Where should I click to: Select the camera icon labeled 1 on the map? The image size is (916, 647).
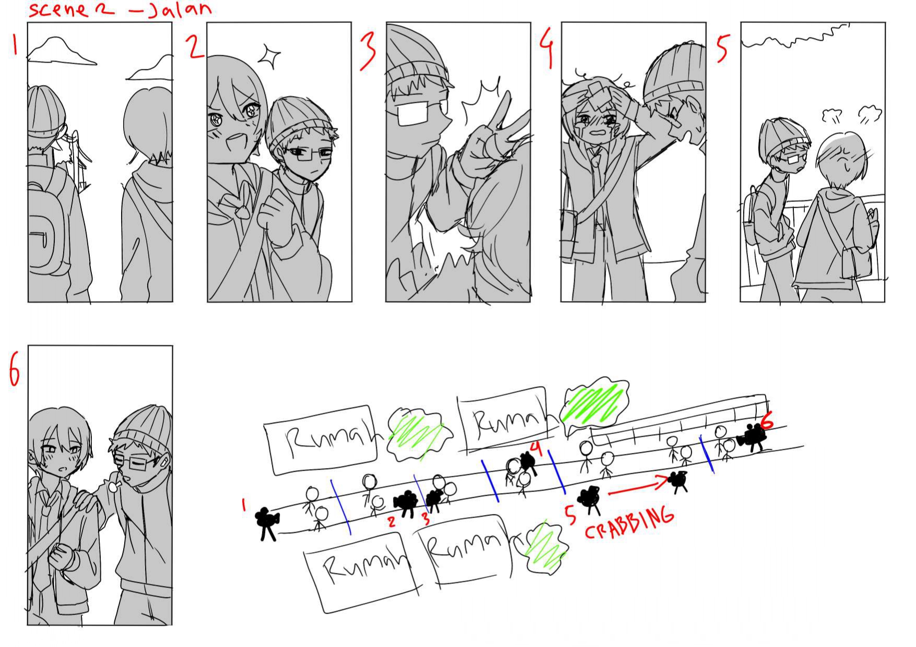pos(267,523)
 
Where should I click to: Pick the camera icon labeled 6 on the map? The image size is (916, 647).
pos(752,437)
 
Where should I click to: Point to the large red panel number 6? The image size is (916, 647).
pos(15,368)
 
